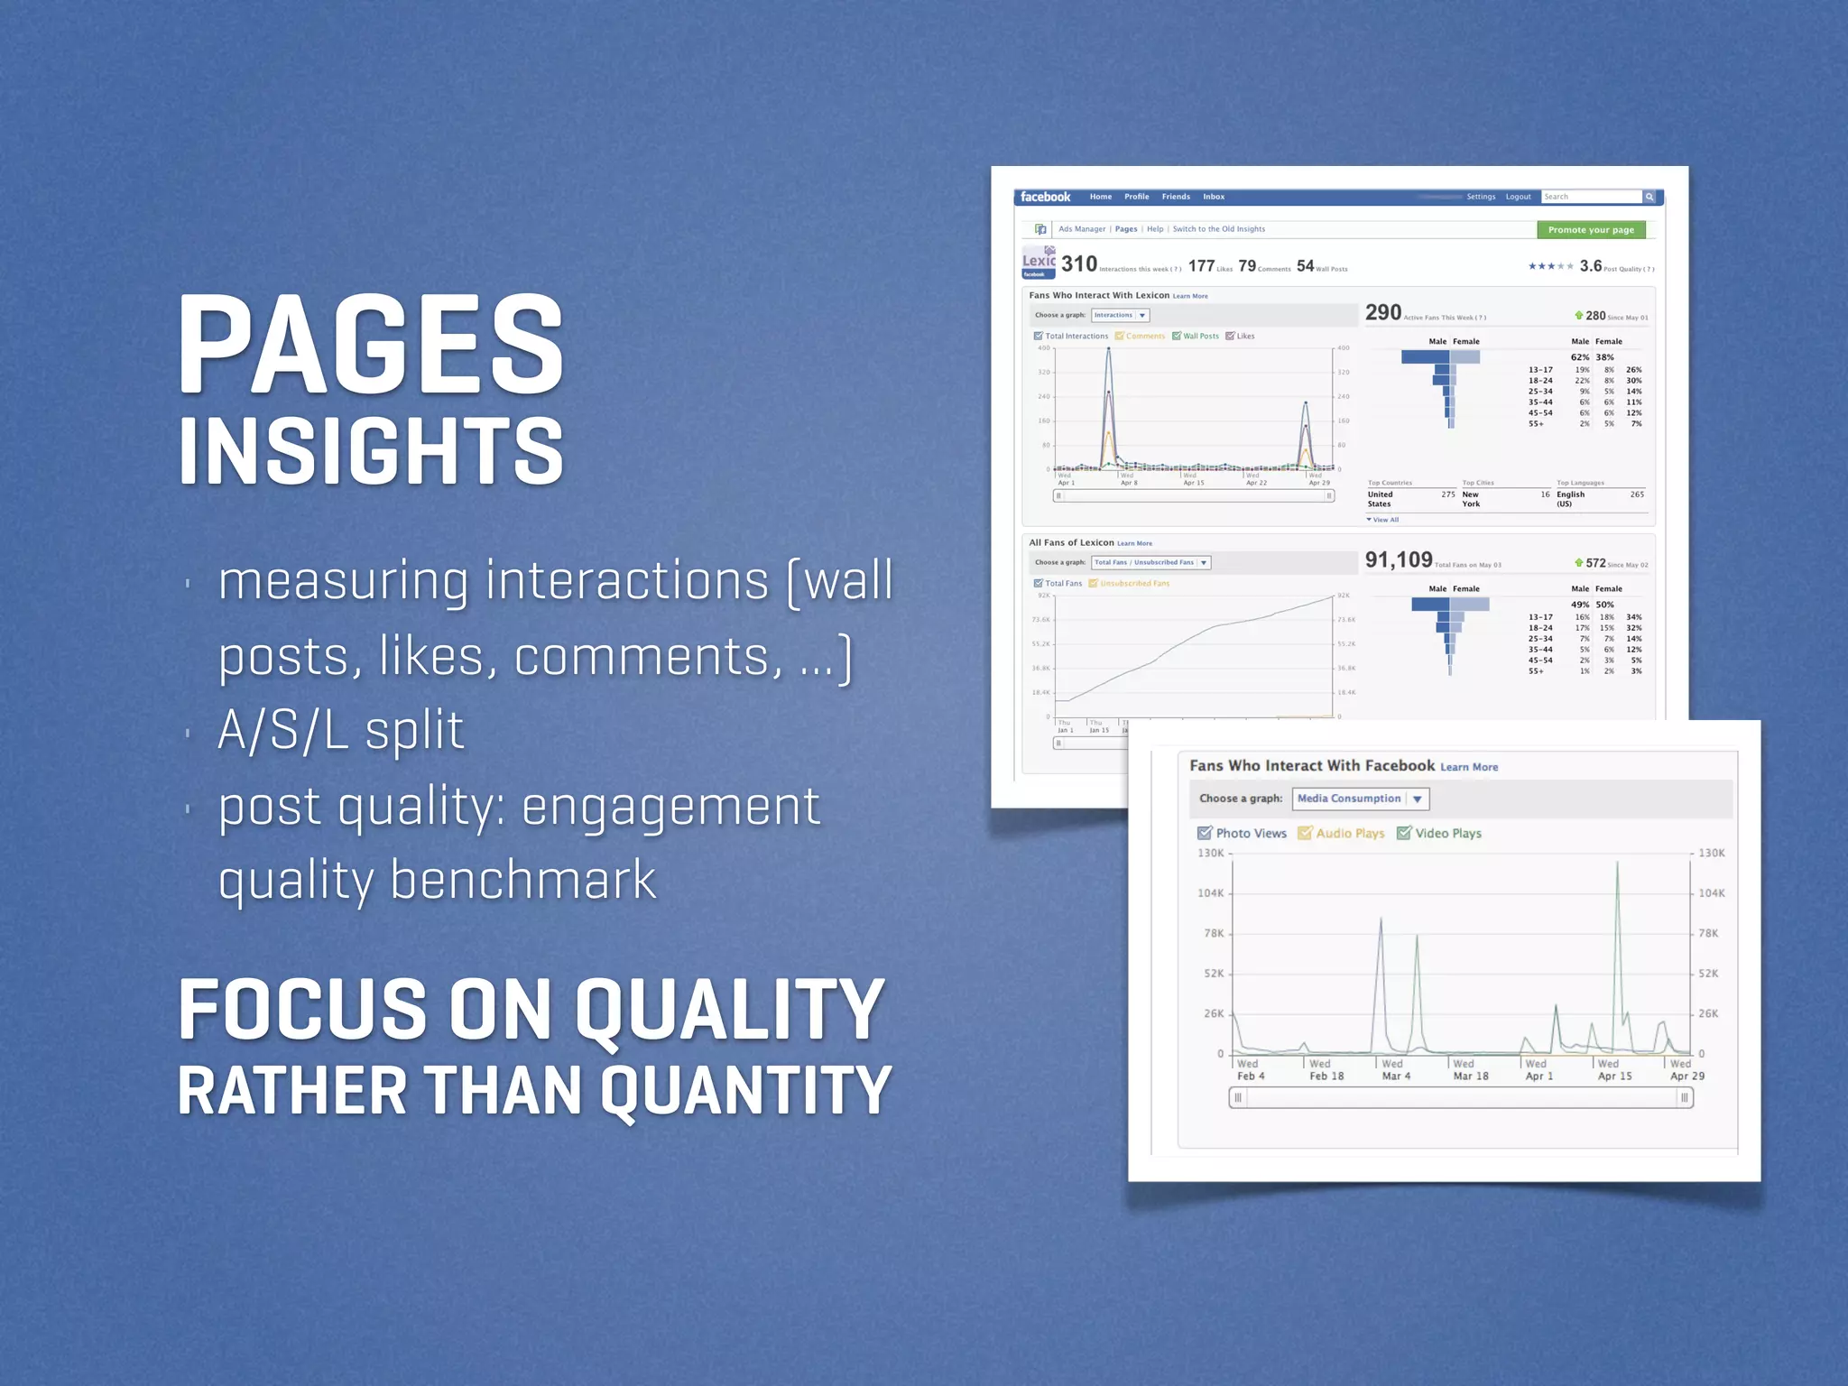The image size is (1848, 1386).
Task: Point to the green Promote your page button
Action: click(x=1591, y=230)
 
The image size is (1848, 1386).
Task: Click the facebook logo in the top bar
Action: click(x=1045, y=197)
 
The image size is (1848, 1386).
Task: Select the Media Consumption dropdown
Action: click(x=1360, y=799)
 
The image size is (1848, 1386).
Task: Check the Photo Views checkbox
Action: click(x=1205, y=833)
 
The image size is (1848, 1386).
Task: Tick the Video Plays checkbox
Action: click(x=1404, y=833)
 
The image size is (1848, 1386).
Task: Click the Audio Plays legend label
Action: click(x=1350, y=834)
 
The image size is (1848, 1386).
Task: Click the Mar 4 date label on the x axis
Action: click(x=1396, y=1076)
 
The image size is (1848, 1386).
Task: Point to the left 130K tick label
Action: click(x=1211, y=853)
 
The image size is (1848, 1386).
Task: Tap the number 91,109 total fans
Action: click(x=1399, y=560)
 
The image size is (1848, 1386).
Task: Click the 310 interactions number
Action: click(x=1079, y=264)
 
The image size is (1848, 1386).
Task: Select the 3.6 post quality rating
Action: click(x=1591, y=266)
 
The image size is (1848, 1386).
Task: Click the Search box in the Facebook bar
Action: click(x=1591, y=197)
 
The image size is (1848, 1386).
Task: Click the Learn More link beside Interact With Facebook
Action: click(x=1469, y=767)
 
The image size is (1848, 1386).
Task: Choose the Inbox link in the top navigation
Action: click(x=1214, y=197)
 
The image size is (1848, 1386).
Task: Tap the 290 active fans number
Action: click(x=1383, y=313)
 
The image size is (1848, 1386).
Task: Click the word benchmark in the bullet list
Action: click(x=523, y=880)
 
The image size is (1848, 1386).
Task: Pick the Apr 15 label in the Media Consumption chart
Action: click(x=1615, y=1076)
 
